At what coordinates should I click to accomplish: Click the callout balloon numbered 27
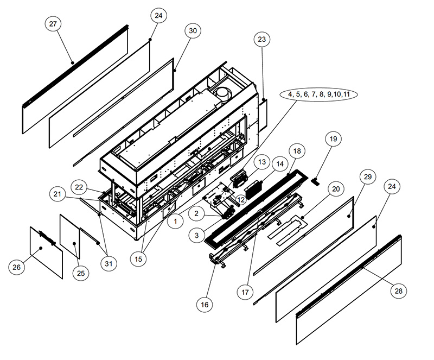point(53,24)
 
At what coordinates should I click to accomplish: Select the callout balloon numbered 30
point(193,30)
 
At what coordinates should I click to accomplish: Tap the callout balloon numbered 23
point(261,39)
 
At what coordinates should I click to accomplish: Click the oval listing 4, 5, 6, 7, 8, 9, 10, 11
point(318,94)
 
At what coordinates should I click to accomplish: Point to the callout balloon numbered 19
point(333,139)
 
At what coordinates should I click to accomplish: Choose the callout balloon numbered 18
point(297,151)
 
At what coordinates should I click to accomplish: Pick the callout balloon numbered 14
point(280,165)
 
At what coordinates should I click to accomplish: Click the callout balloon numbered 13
point(261,162)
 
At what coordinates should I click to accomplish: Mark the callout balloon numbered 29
point(368,177)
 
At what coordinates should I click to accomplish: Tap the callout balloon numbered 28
point(398,291)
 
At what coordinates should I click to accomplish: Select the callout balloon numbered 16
point(205,305)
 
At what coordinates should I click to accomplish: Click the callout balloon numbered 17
point(245,292)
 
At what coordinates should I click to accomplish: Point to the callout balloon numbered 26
point(17,267)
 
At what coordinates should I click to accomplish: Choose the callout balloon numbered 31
point(109,263)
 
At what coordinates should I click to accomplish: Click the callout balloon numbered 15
point(138,259)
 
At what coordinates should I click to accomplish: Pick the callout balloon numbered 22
point(79,187)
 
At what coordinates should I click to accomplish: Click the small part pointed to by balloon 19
point(315,182)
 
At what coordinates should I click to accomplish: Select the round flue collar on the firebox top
point(224,93)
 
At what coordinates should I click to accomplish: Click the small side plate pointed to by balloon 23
point(263,116)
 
